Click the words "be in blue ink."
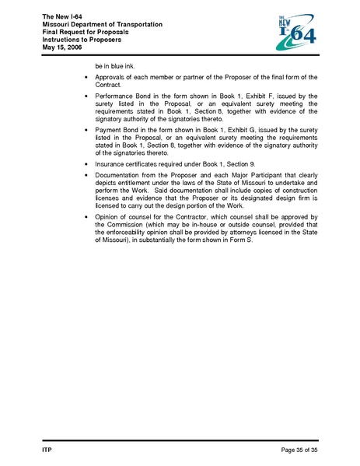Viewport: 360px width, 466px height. pyautogui.click(x=116, y=66)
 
